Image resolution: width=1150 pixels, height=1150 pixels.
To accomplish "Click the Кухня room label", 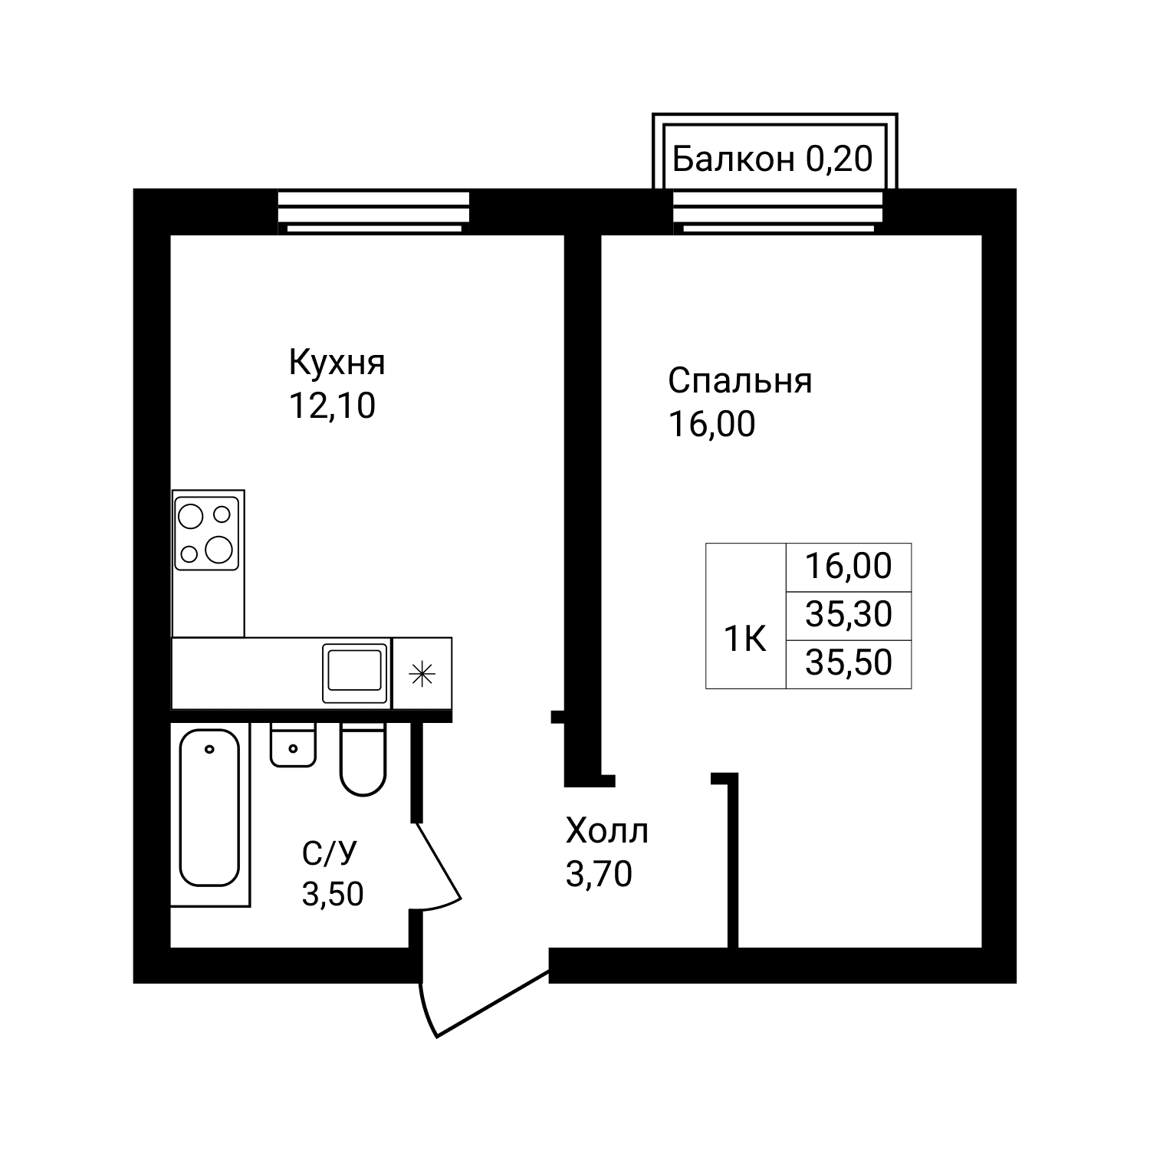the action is click(337, 363).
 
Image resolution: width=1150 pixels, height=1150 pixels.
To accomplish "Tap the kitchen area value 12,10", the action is click(332, 406).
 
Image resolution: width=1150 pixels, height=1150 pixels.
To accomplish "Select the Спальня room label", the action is click(740, 381).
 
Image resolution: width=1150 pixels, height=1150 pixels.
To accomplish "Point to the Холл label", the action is click(606, 830).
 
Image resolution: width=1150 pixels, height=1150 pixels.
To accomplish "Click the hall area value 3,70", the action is click(599, 873).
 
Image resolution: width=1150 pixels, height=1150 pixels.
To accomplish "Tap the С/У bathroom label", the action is click(330, 852).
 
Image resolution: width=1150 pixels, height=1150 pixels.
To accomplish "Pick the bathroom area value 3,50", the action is click(333, 894).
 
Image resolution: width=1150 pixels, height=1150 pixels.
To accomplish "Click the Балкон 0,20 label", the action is click(773, 159).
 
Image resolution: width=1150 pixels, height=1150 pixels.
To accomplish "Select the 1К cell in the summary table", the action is click(746, 639).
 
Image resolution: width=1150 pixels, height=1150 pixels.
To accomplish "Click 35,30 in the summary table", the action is click(849, 615).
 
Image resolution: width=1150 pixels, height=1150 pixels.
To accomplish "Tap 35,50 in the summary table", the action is click(849, 663).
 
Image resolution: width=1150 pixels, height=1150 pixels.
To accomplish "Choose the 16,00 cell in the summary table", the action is click(849, 567).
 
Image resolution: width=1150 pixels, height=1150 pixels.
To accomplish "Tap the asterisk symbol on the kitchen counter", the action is click(422, 674).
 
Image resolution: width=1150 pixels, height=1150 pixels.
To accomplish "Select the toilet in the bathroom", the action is click(363, 758).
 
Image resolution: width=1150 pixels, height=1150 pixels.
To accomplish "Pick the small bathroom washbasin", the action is click(293, 744).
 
